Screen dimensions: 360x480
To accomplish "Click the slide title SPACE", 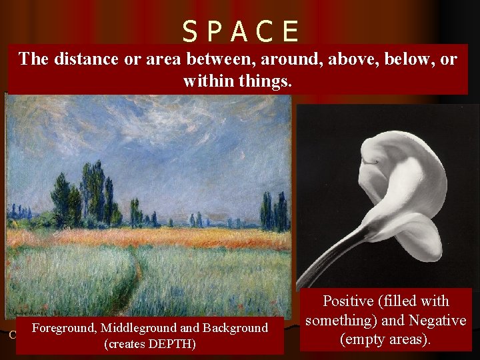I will [241, 31].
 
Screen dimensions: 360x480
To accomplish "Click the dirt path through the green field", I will [133, 280].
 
